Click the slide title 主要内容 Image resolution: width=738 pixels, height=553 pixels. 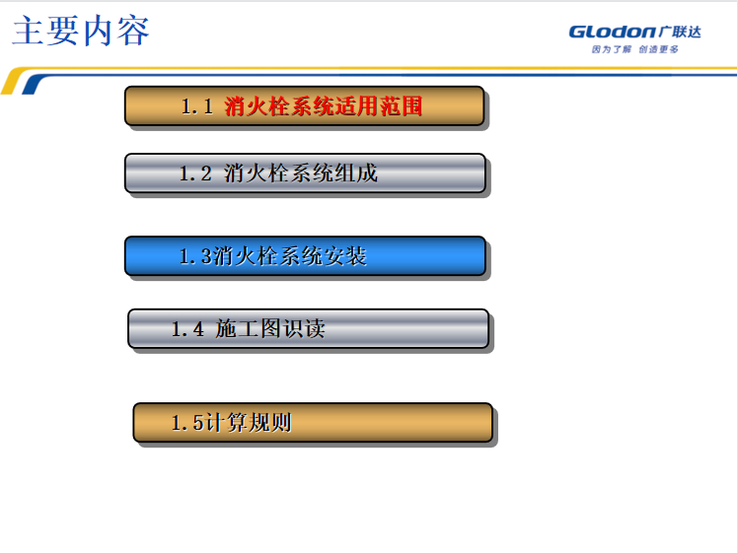coord(81,31)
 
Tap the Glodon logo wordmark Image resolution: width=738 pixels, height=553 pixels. coord(612,32)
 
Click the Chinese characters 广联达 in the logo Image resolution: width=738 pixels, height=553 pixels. coord(680,32)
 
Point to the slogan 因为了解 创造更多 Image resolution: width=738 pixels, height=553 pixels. coord(635,49)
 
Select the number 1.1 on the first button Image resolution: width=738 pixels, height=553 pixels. coord(197,106)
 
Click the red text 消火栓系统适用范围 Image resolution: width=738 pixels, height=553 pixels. coord(323,105)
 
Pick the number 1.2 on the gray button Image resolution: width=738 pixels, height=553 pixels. coord(195,173)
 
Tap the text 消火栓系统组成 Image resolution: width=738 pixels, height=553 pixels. coord(300,173)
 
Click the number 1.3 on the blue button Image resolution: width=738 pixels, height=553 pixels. coord(195,256)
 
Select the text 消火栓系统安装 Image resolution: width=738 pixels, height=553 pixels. coord(290,256)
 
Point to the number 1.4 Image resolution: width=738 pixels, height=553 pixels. coord(187,329)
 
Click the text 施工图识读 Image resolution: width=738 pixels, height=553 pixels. coord(270,328)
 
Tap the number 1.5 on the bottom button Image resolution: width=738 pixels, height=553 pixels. coord(187,423)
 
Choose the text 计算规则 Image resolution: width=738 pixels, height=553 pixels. coord(249,422)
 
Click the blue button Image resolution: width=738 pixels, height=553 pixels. coord(305,256)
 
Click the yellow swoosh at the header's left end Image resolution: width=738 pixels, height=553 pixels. coord(14,80)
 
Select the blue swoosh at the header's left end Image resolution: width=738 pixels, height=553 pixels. coord(33,85)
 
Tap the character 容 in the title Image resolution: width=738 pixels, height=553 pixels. coord(133,31)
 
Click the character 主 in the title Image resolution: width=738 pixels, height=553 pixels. coord(29,31)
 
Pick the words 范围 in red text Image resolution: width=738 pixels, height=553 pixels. coord(401,105)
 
